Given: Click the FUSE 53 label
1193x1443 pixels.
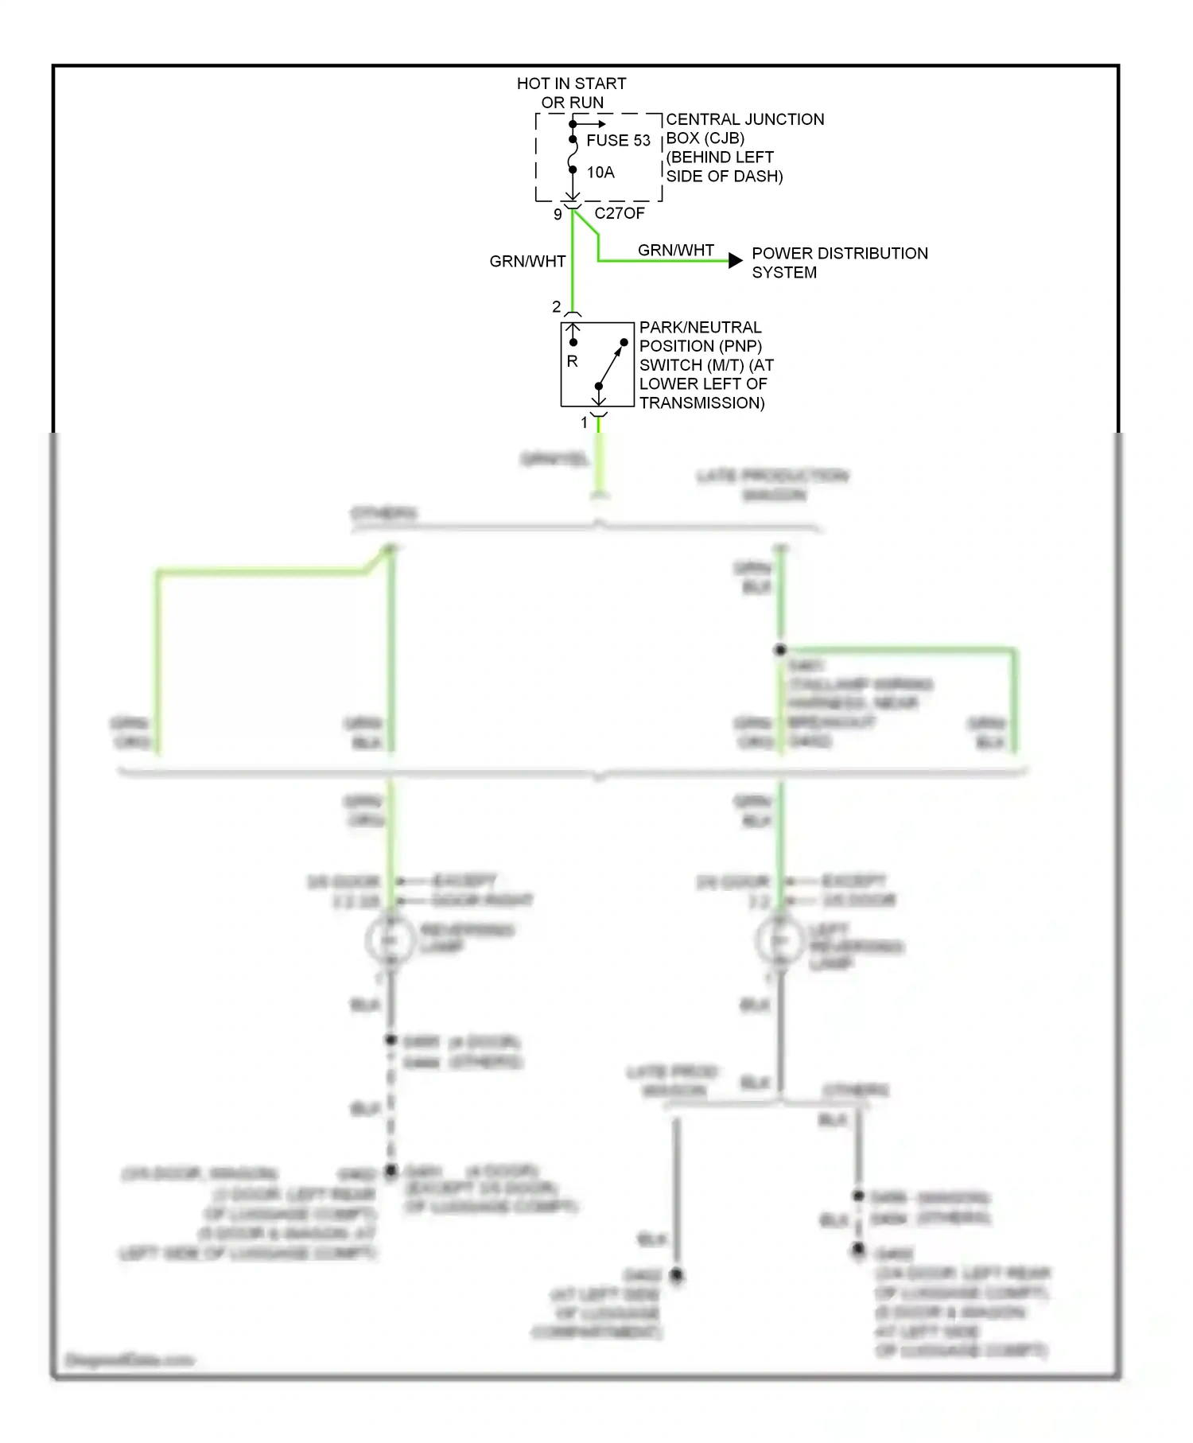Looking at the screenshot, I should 618,141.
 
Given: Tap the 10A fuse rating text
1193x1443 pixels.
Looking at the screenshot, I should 600,173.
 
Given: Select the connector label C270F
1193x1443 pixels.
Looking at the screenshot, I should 620,213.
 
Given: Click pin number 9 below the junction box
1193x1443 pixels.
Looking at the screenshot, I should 558,214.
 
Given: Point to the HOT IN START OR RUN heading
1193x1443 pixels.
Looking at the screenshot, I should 571,93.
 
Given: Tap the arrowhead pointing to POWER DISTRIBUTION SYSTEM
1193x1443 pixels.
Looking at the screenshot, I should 736,260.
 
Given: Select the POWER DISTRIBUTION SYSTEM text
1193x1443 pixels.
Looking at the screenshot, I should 839,263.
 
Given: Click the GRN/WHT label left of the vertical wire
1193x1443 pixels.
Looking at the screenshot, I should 527,262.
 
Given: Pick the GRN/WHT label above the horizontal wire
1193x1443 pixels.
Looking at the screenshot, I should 675,251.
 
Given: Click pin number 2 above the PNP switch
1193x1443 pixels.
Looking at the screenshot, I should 556,306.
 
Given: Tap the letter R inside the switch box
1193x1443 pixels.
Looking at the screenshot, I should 572,361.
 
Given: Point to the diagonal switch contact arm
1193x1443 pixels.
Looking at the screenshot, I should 611,365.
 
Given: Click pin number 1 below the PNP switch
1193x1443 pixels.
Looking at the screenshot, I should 584,423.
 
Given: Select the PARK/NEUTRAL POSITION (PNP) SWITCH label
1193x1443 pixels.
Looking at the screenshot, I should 705,365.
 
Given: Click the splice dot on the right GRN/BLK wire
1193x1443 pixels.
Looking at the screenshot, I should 780,650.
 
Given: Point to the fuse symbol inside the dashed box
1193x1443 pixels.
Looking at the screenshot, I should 573,155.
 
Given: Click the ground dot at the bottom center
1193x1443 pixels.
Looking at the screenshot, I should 676,1275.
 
